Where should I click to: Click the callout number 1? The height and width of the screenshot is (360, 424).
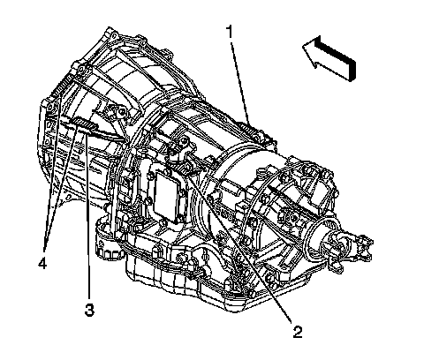230,32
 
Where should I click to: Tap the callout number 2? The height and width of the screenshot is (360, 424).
297,332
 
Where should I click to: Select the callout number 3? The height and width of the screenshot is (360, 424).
89,310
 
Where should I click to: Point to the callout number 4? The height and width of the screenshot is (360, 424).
42,263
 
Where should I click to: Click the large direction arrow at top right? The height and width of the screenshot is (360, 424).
329,58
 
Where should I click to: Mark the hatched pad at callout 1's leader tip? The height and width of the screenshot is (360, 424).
249,128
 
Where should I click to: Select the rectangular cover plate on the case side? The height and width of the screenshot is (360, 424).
166,198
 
